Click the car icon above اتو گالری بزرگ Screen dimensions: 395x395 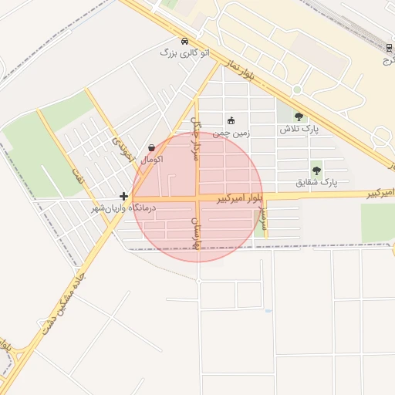tap(184, 41)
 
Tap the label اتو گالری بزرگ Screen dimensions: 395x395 tap(184, 52)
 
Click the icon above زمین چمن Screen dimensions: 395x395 tap(230, 120)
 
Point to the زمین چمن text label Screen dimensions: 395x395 tap(230, 132)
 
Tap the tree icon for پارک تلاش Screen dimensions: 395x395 tap(299, 116)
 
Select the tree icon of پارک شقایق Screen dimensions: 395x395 tap(316, 170)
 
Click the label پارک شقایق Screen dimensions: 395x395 tap(316, 183)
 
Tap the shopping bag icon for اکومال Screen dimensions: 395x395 tap(151, 147)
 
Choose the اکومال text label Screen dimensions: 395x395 tap(151, 159)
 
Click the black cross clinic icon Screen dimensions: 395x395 tap(123, 196)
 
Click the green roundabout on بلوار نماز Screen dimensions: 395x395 tap(296, 90)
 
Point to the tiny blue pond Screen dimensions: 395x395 tap(268, 311)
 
